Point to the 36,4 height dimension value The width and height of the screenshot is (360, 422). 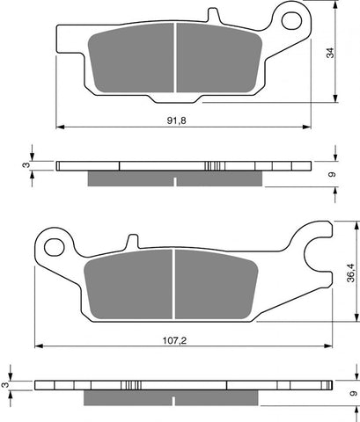pos(350,275)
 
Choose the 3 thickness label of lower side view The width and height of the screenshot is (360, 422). pos(7,384)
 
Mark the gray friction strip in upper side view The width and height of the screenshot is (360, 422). pos(176,178)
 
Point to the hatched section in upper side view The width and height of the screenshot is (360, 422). pos(211,165)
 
